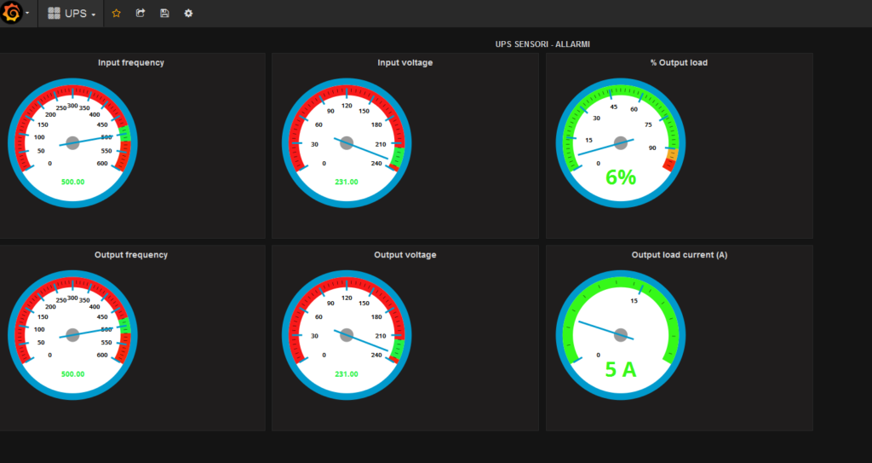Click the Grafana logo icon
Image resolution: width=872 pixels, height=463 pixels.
[12, 13]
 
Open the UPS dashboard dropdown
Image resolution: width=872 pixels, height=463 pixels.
[72, 14]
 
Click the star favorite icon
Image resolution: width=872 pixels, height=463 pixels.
[116, 14]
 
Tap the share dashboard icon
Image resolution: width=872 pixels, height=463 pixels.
[141, 13]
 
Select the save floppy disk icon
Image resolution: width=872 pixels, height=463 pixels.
[164, 13]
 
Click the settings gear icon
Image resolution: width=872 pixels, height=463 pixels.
[188, 13]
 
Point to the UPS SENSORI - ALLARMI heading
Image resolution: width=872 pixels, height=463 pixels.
[542, 44]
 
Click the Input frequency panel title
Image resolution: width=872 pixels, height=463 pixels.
[130, 62]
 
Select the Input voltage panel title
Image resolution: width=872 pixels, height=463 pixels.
[404, 62]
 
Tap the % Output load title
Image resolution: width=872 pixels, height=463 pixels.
[679, 62]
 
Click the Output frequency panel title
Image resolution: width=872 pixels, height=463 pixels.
[130, 255]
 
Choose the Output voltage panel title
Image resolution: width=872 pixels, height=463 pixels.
[404, 255]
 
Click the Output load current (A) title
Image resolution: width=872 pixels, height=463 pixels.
[679, 255]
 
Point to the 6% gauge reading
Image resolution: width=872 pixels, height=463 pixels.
[621, 177]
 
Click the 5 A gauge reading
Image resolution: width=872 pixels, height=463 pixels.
[621, 369]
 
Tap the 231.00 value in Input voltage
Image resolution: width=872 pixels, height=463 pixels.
[347, 182]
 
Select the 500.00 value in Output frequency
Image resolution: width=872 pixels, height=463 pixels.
[73, 373]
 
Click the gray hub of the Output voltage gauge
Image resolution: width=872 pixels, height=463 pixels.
[347, 335]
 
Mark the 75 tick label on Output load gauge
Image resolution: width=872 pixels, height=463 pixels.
[648, 124]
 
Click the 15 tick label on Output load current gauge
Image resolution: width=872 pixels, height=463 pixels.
[634, 301]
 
